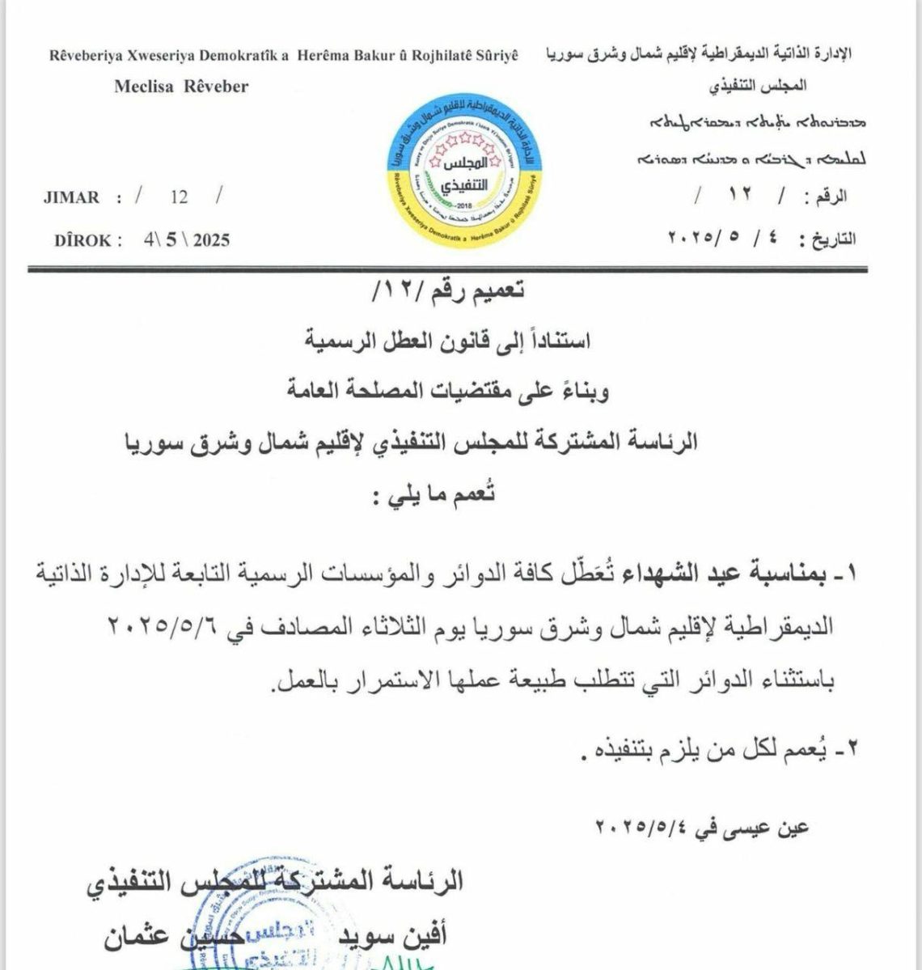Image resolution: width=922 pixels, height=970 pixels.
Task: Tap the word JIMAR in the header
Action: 73,197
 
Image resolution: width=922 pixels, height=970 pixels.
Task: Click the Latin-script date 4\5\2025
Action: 185,239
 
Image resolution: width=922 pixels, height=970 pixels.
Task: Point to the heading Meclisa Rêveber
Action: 181,86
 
